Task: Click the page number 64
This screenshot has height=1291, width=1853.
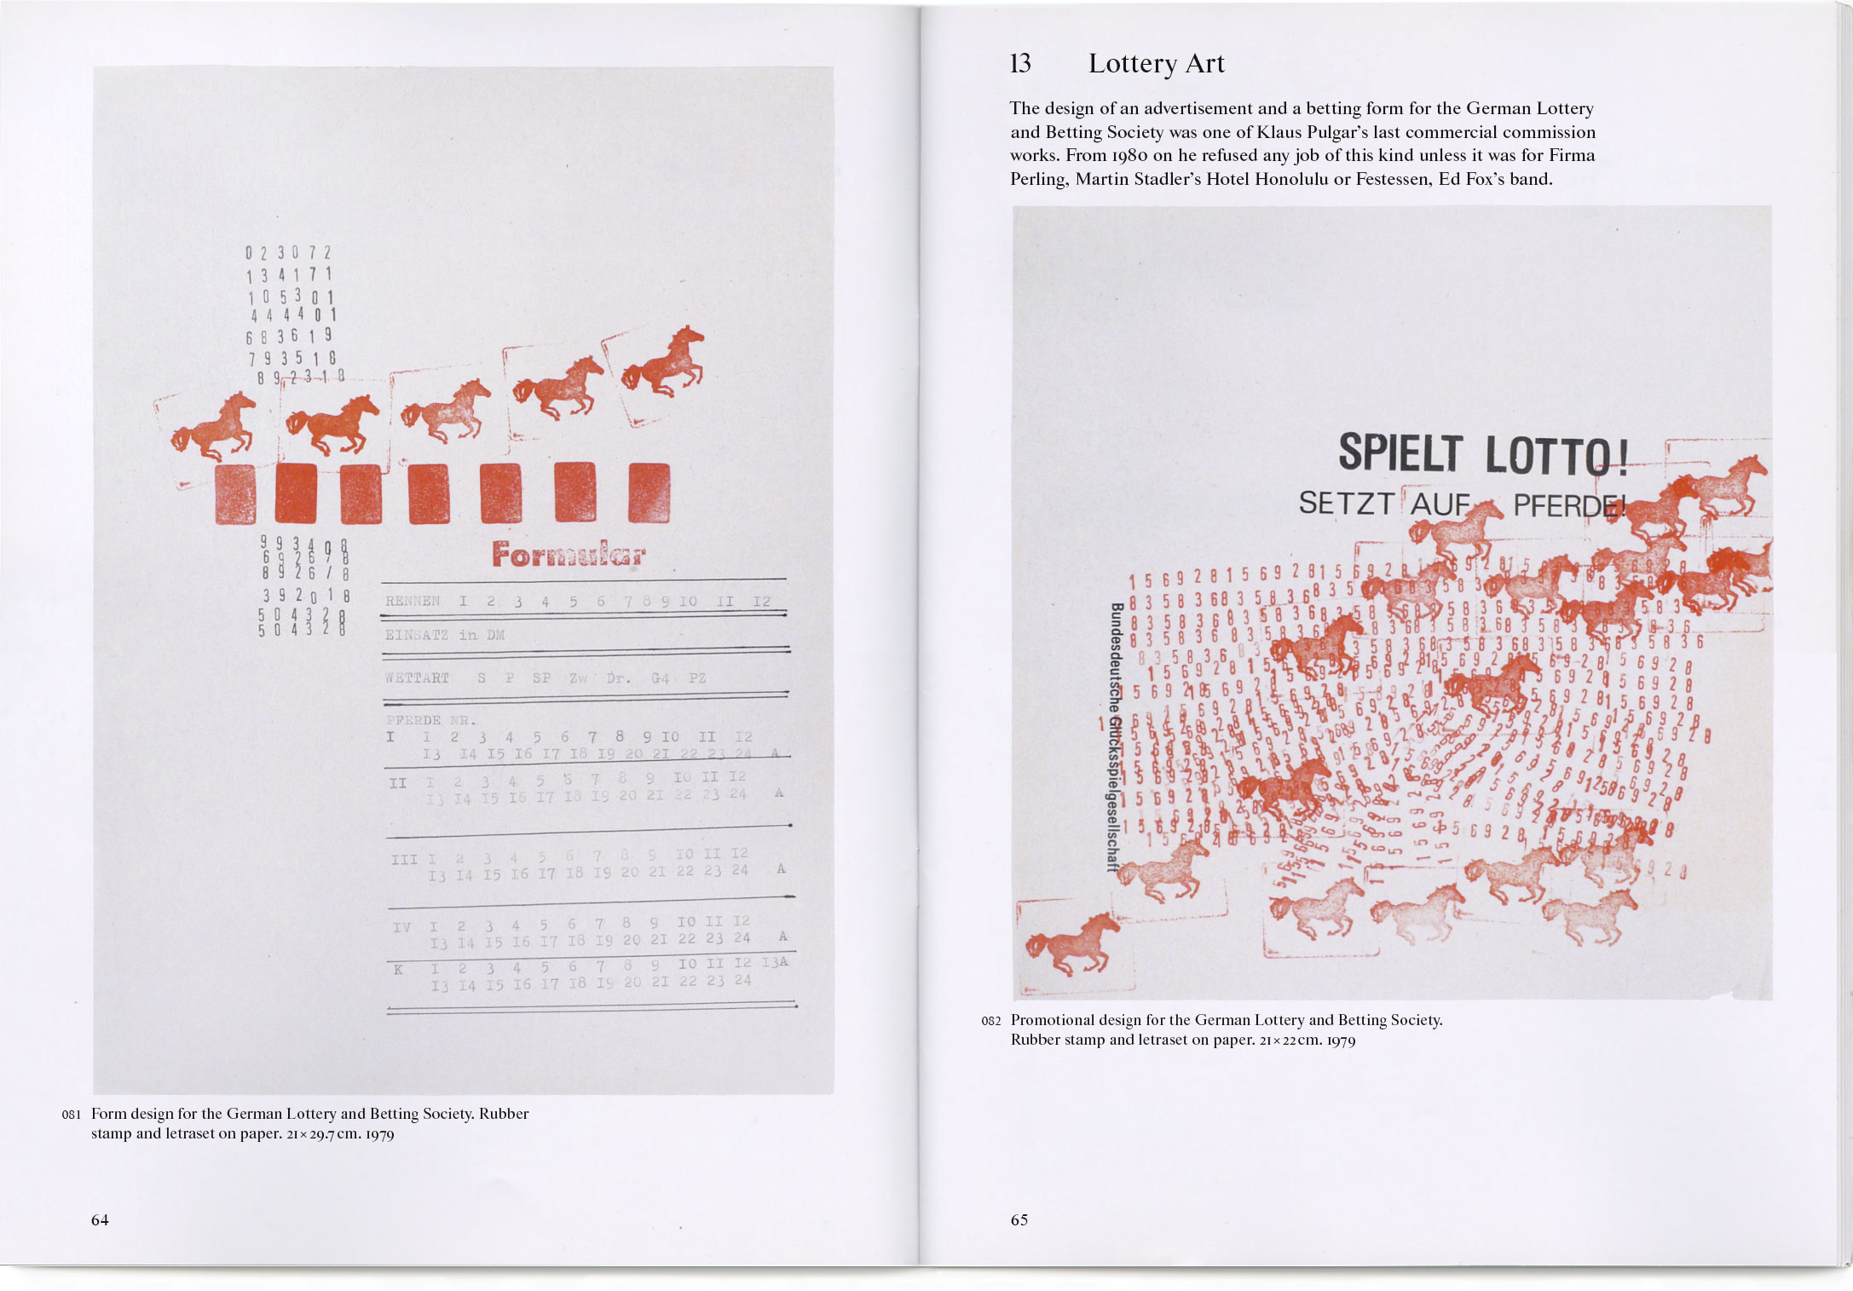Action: [x=100, y=1219]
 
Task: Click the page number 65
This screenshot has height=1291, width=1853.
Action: [x=1019, y=1219]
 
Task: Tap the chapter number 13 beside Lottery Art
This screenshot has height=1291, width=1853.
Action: [x=1020, y=64]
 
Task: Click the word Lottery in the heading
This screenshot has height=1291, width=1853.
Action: [x=1133, y=64]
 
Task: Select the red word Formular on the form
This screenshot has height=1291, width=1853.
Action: [x=569, y=556]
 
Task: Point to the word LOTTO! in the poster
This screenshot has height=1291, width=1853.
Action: [x=1556, y=455]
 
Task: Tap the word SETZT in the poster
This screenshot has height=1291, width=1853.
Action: [x=1344, y=504]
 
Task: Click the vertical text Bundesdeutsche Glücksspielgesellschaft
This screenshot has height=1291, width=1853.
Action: [x=1114, y=737]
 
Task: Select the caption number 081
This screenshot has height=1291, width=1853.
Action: [x=71, y=1115]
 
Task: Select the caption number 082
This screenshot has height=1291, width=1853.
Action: [x=990, y=1021]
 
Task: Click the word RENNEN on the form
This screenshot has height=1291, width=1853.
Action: [x=413, y=601]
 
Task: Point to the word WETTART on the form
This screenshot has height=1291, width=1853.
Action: [x=417, y=678]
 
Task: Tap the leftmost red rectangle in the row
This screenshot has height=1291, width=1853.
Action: [x=235, y=493]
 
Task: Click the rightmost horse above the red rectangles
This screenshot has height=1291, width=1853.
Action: [x=665, y=361]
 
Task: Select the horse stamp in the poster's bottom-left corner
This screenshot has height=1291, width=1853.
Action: [x=1071, y=942]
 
